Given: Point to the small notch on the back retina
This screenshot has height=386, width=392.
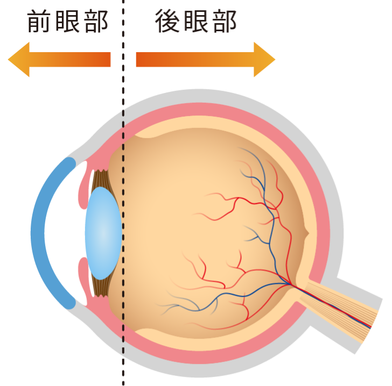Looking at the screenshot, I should click(x=306, y=233).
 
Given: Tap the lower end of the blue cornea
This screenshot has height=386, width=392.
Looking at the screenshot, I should click(x=70, y=304).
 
